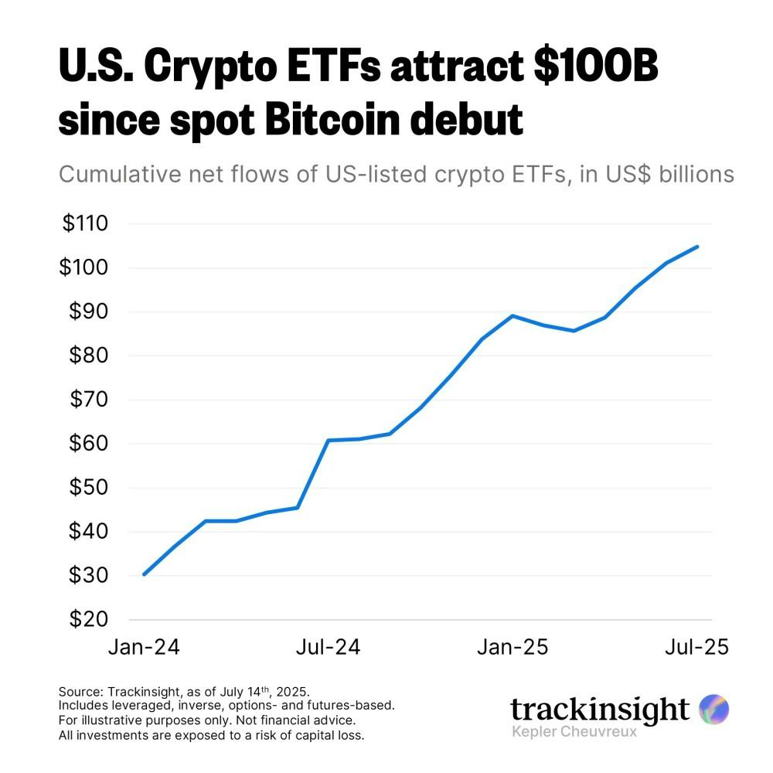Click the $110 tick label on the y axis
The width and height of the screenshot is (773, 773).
click(x=86, y=224)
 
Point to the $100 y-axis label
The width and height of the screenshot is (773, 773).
click(x=86, y=268)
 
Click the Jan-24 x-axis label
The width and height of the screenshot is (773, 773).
click(x=144, y=647)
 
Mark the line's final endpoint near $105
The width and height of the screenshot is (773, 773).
click(x=698, y=247)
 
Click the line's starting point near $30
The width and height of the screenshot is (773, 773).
click(x=144, y=574)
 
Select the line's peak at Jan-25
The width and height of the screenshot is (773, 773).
click(x=512, y=315)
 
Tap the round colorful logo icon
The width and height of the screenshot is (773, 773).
click(x=713, y=708)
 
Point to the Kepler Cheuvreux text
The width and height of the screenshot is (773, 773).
click(x=574, y=731)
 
